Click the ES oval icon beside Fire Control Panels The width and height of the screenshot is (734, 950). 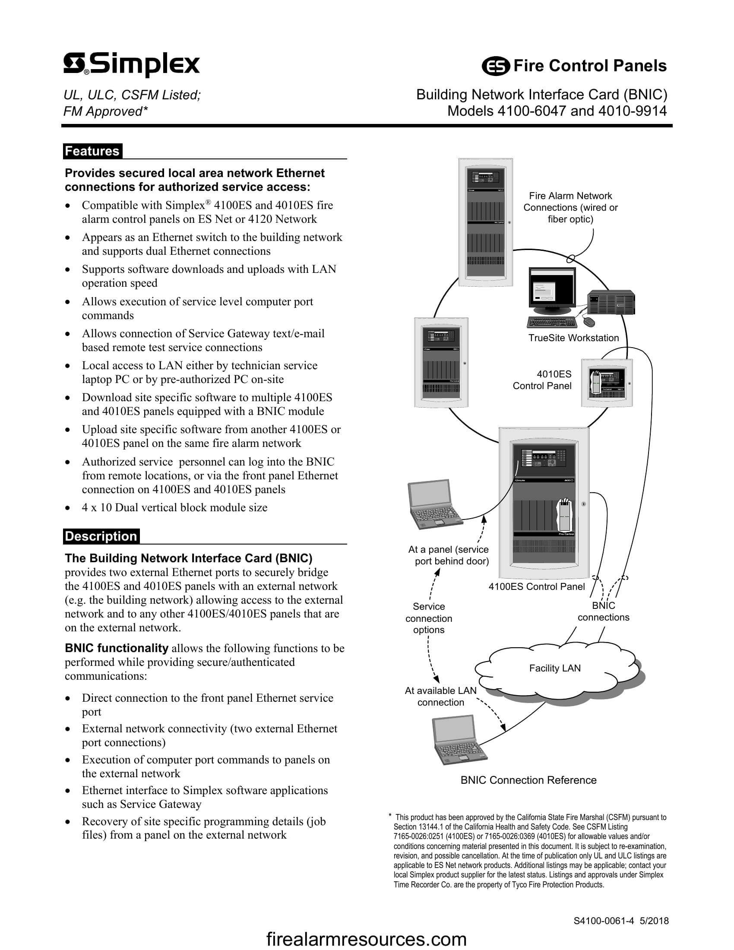[495, 66]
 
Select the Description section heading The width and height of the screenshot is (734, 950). [101, 536]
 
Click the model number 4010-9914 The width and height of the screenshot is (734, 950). [632, 111]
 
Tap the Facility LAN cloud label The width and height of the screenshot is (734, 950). [555, 668]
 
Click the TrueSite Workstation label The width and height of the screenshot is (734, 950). [573, 338]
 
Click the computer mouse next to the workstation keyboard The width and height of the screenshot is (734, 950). [588, 322]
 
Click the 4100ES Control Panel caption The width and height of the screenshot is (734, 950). [537, 586]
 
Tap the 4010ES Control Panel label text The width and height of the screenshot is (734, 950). [542, 380]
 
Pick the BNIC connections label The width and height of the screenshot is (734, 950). [603, 611]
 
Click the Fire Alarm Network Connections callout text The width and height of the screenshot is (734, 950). [570, 207]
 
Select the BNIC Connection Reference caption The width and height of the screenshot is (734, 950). [528, 780]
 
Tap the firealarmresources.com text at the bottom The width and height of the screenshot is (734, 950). [366, 939]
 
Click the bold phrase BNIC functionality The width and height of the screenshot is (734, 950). [116, 648]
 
